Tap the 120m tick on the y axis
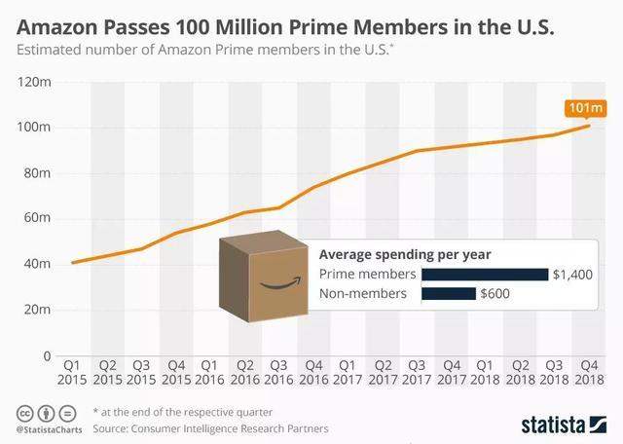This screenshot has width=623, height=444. coord(37,83)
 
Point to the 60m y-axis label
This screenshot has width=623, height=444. coord(37,219)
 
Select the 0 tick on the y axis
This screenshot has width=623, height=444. coord(46,356)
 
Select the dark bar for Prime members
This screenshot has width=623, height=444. coord(485,274)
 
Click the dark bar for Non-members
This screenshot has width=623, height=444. coord(449,293)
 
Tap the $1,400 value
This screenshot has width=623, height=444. coord(572,275)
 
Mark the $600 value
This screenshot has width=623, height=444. coord(495,293)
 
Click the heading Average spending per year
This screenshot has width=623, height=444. coord(405,254)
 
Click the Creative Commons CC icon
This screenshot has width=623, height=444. coord(25,411)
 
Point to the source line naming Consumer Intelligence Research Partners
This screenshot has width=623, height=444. coord(211,427)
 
